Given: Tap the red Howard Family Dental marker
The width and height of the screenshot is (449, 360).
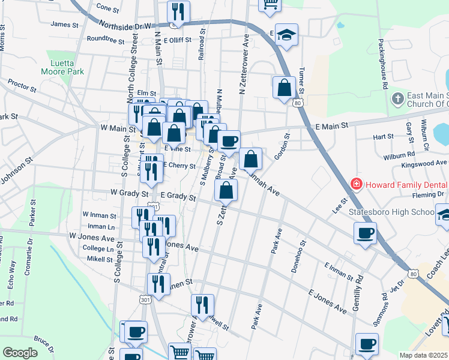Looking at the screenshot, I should pyautogui.click(x=357, y=183).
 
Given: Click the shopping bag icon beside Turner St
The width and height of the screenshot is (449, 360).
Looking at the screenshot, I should pyautogui.click(x=283, y=87).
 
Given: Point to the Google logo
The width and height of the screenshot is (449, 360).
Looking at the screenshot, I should pyautogui.click(x=20, y=353).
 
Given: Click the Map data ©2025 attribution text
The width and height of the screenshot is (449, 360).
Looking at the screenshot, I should pyautogui.click(x=424, y=355).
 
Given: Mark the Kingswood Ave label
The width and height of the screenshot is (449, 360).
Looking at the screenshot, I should pyautogui.click(x=424, y=163).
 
